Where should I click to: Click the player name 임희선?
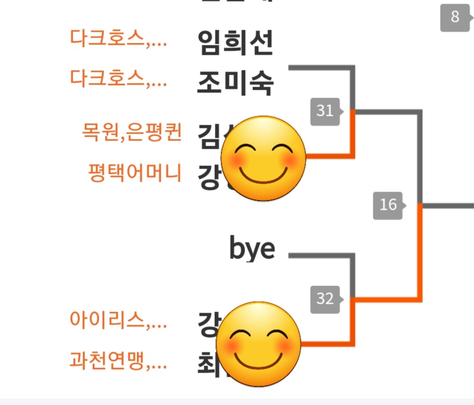click(236, 43)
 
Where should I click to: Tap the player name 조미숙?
click(236, 82)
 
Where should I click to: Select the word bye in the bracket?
click(252, 249)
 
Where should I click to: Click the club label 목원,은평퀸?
click(131, 132)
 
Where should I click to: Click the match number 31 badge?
click(325, 111)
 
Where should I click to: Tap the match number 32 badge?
click(325, 299)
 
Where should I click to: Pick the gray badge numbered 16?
click(388, 205)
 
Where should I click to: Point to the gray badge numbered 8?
click(455, 17)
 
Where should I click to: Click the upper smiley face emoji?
click(263, 158)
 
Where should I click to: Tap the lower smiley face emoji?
click(259, 344)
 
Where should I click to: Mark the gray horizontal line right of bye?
click(321, 256)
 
